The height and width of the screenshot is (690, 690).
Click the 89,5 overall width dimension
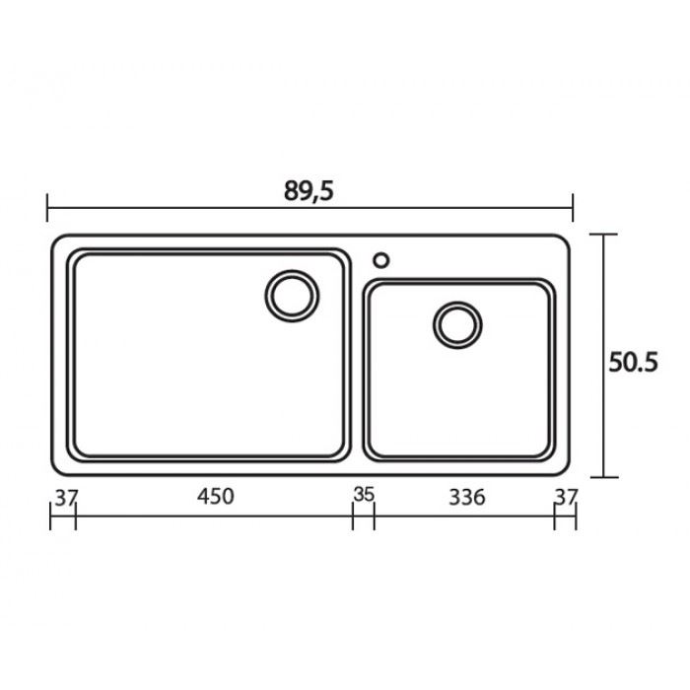click(309, 191)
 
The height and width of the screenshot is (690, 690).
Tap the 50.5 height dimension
click(633, 363)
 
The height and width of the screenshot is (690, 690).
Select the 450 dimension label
click(215, 497)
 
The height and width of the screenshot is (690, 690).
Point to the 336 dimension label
click(467, 497)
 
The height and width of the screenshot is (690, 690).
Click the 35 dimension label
click(364, 494)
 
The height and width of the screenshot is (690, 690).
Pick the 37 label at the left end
click(66, 498)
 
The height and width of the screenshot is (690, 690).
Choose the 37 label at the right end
click(566, 498)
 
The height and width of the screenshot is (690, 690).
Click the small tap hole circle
click(381, 260)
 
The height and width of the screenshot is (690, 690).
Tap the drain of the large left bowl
click(292, 296)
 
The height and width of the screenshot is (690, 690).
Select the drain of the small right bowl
click(457, 325)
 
